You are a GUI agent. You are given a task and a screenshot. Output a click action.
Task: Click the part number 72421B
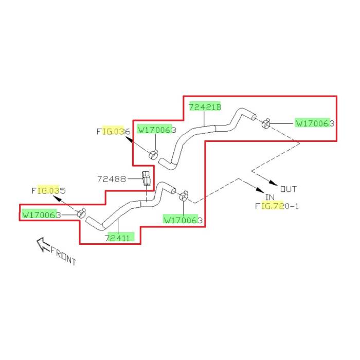205,107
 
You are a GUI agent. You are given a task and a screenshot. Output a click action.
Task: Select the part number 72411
119,238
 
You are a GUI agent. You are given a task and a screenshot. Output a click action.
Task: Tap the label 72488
112,179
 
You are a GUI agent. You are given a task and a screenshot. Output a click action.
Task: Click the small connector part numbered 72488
146,178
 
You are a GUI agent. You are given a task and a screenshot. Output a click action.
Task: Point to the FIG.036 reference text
113,131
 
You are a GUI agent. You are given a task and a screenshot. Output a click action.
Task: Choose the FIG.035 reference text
48,190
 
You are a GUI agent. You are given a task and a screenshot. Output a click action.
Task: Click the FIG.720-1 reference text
277,206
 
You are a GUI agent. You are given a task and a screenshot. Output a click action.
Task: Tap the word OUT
289,189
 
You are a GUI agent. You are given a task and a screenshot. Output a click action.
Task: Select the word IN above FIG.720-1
270,197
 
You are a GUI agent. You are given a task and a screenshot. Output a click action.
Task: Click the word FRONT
63,255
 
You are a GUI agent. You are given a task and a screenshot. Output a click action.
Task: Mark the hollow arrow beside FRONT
42,244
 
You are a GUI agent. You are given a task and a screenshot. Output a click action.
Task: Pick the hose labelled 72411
123,208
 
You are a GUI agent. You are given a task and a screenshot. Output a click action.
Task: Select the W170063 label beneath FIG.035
41,215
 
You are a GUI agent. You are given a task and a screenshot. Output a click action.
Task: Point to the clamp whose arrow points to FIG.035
81,213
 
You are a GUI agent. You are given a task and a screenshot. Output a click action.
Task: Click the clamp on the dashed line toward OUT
266,123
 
